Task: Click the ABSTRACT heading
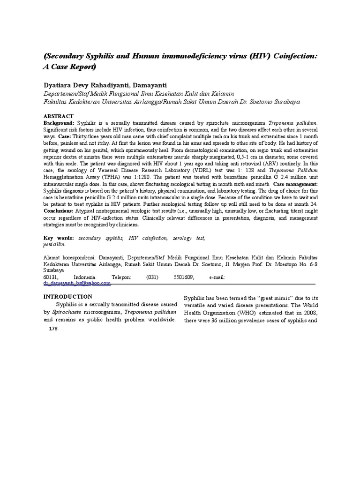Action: (58, 116)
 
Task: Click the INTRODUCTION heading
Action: (67, 297)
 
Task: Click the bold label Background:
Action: (59, 122)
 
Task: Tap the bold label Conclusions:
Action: (58, 211)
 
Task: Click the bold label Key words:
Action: (58, 239)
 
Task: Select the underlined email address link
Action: (77, 283)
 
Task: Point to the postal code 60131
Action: (51, 277)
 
